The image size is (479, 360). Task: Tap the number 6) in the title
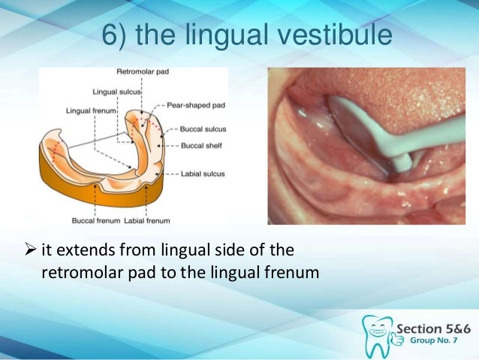(x=116, y=36)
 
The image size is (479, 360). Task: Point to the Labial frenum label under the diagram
(x=149, y=221)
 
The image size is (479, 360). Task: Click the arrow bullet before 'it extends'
(x=26, y=250)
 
